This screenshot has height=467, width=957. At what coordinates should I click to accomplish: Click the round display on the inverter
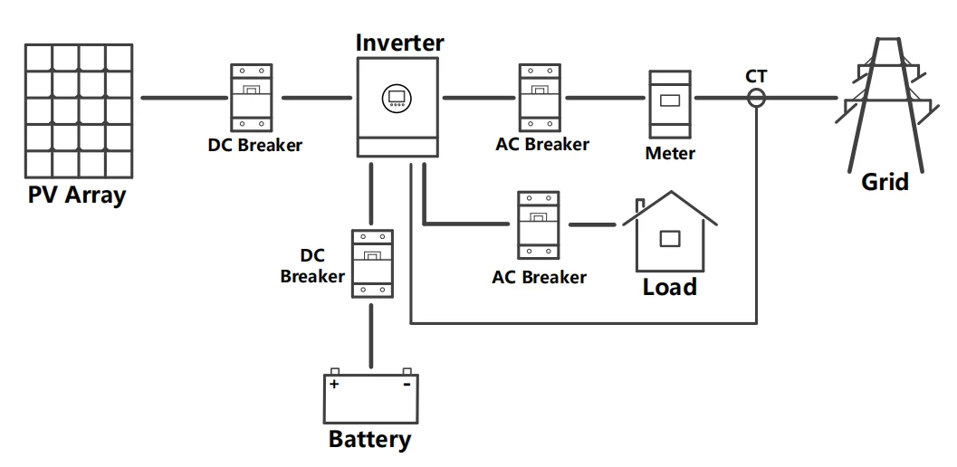coord(396,97)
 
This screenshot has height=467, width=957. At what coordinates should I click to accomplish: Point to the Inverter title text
coord(399,43)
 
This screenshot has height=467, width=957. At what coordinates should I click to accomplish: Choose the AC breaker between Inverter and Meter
coord(541,97)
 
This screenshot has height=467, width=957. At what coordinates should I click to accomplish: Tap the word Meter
coord(670,153)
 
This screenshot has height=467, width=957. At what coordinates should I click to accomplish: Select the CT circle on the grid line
coord(756,97)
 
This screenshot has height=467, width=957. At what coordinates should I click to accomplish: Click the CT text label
coord(756,76)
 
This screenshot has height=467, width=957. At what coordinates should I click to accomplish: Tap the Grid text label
coord(885,182)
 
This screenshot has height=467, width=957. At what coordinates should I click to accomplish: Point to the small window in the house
coord(670,238)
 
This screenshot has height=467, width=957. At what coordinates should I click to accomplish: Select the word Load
coord(670,287)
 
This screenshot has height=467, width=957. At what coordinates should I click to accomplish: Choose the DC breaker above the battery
coord(371,263)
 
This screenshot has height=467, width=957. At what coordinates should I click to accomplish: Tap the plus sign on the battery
coord(334,385)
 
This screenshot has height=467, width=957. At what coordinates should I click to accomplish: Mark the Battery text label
coord(369,441)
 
